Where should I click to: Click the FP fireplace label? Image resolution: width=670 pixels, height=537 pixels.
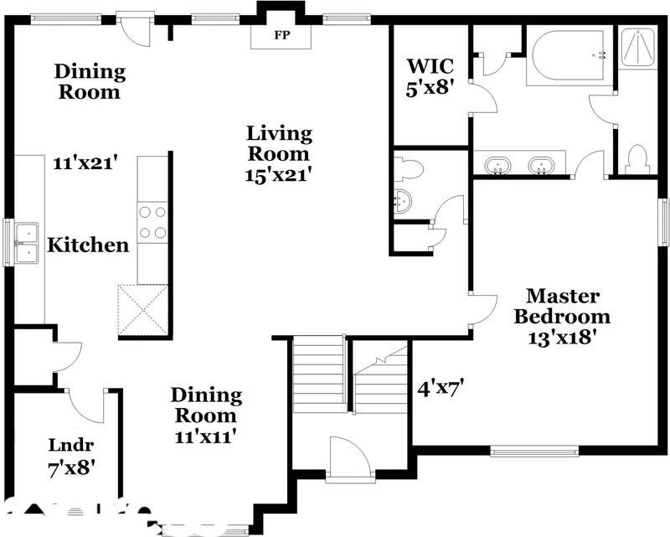280,36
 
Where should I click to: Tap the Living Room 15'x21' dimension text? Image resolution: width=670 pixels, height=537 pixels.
278,174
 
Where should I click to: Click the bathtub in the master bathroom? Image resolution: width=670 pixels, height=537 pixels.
569,55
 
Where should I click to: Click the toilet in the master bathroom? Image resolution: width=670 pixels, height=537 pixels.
638,159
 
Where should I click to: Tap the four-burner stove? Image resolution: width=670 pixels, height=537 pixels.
152,222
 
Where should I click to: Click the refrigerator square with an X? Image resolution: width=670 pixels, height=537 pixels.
143,310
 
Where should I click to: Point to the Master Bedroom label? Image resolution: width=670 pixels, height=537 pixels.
562,307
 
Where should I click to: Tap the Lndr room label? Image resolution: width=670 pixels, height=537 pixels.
70,445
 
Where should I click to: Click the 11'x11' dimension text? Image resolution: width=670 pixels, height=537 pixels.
206,436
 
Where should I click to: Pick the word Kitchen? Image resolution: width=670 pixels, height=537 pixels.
88,245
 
